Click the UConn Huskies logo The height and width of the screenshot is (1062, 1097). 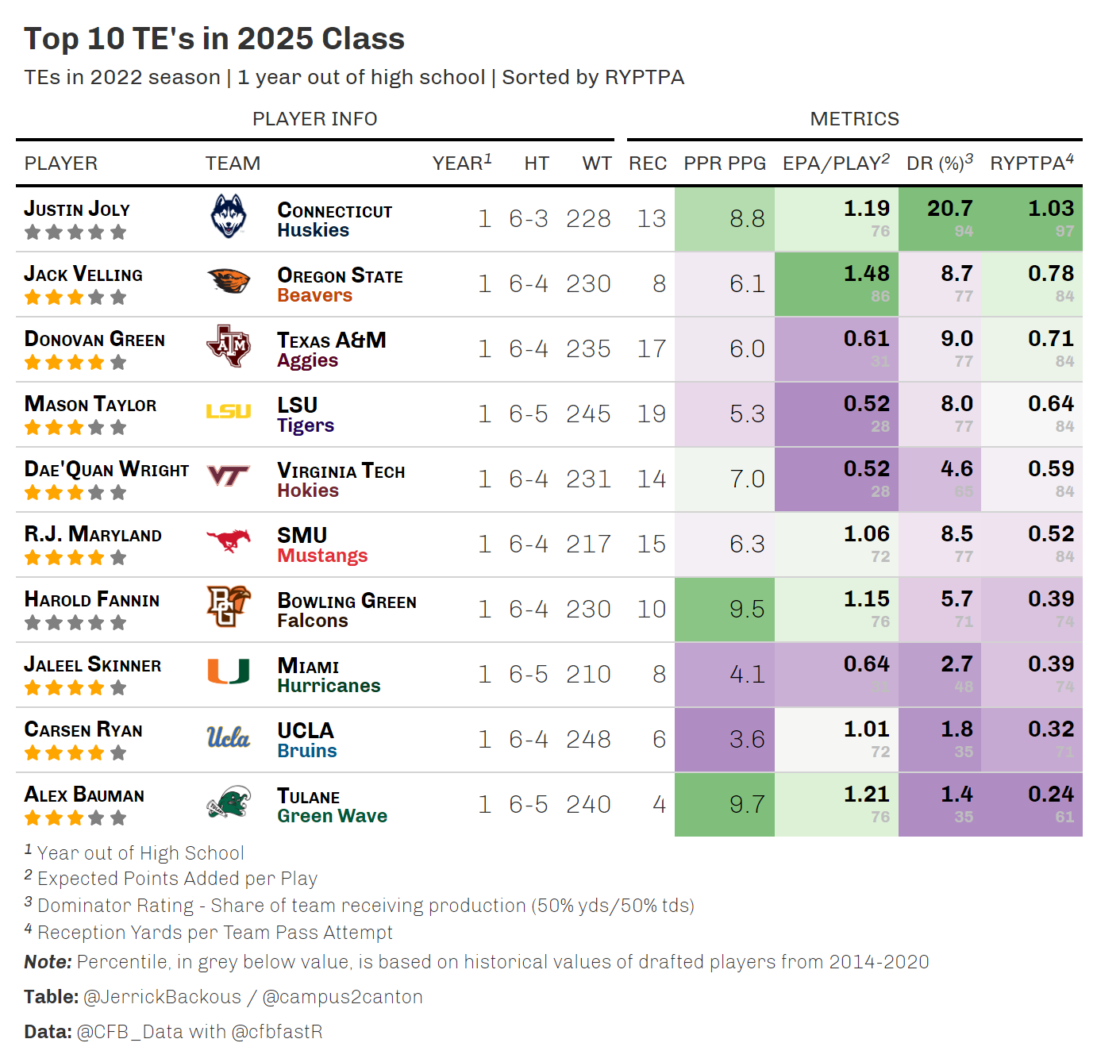point(229,217)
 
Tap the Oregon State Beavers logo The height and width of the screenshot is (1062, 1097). point(229,282)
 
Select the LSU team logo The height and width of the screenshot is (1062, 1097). point(229,411)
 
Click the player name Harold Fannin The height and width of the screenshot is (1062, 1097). point(92,600)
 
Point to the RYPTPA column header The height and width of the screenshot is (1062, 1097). point(1031,163)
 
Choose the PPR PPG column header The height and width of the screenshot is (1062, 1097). point(725,164)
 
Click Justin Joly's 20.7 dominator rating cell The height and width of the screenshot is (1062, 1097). point(949,209)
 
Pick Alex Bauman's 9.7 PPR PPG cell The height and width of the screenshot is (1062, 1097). point(747,805)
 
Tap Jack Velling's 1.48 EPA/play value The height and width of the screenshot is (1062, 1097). point(866,274)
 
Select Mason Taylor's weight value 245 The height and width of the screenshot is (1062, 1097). point(588,414)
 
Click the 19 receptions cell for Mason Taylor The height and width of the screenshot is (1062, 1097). point(652,414)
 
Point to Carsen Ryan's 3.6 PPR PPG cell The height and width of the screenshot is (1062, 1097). point(747,740)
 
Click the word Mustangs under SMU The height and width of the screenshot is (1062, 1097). point(322,556)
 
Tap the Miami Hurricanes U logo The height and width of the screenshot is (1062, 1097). point(229,671)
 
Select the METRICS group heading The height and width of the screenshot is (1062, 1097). point(854,119)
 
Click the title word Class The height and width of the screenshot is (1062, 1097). point(363,39)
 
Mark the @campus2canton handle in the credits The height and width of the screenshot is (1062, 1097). point(342,997)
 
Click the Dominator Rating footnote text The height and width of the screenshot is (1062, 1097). point(365,906)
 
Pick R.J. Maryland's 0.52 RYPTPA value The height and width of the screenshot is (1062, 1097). point(1050,534)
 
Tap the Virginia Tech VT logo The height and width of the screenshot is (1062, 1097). point(229,476)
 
